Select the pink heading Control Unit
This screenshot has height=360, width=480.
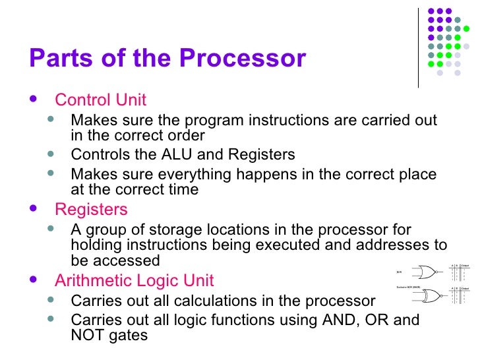click(x=100, y=100)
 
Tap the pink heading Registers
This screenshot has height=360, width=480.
click(x=91, y=210)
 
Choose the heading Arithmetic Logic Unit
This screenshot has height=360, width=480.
click(x=134, y=281)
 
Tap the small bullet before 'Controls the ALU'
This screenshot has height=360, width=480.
click(x=53, y=155)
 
